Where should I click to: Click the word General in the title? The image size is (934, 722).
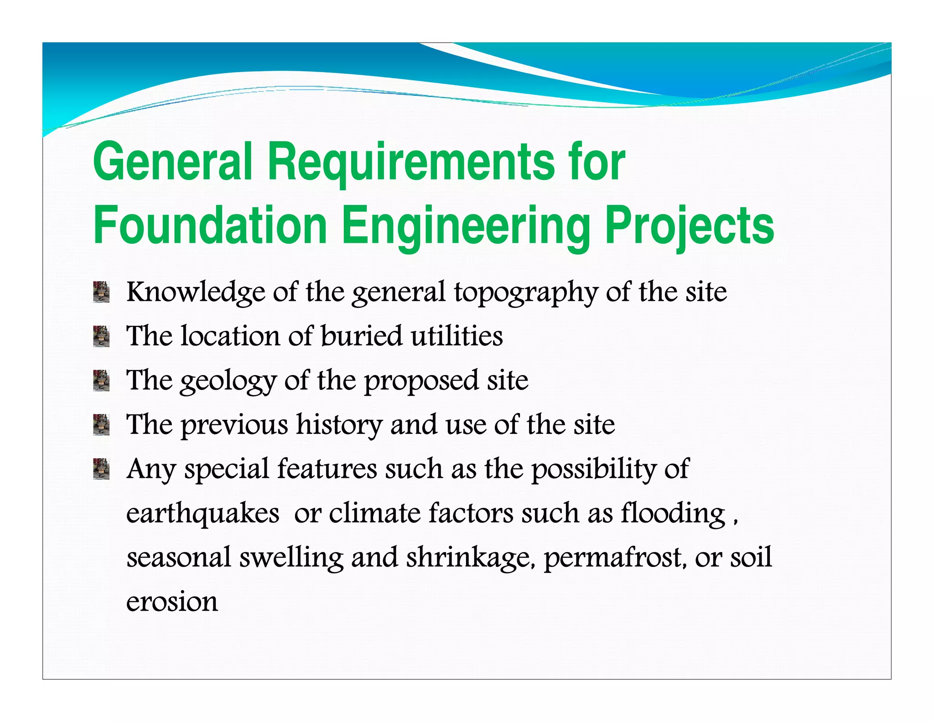pos(172,162)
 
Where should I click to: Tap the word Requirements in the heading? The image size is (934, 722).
pos(410,162)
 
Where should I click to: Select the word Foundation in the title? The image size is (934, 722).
pos(210,225)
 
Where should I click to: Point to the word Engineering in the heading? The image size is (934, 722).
pos(465,225)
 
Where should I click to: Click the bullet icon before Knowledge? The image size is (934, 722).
pos(101,292)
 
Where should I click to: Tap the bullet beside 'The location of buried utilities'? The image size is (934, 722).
pos(101,336)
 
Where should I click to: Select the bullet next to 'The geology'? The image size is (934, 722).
pos(101,381)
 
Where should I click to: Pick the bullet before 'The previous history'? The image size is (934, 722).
pos(101,425)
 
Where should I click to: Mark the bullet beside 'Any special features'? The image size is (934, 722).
pos(101,469)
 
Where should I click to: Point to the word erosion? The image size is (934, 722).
pos(172,602)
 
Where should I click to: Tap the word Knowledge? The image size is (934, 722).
pos(196,293)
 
